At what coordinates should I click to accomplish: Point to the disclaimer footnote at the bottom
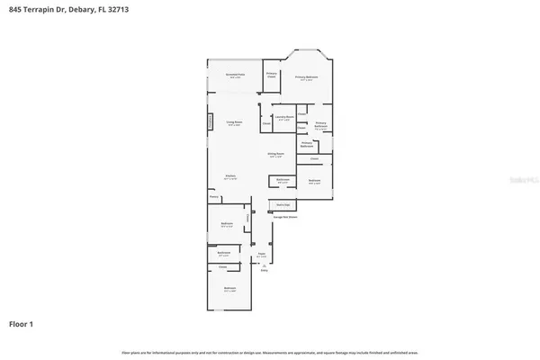(269, 351)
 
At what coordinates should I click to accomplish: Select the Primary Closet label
(271, 76)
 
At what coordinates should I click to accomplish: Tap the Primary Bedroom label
(308, 77)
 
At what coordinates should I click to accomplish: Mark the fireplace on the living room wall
(212, 121)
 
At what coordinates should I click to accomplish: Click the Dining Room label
(275, 155)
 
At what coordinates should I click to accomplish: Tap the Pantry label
(214, 195)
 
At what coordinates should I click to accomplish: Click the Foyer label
(263, 255)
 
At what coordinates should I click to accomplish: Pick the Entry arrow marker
(265, 267)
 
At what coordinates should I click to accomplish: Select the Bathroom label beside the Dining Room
(283, 180)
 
